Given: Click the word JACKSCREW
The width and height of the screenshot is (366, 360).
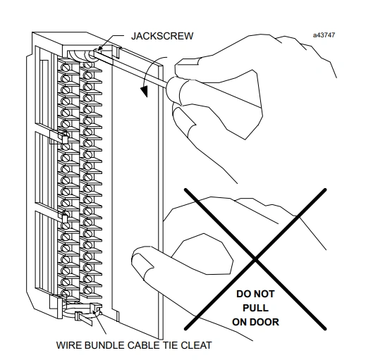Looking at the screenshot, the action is [162, 36].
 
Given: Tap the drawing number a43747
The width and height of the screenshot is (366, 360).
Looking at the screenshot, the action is [324, 35].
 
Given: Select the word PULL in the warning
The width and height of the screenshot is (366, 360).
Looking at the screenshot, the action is [255, 308].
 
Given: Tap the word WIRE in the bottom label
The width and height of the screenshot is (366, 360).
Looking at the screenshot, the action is [69, 345].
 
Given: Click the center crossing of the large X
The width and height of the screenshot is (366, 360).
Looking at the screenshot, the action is [255, 259].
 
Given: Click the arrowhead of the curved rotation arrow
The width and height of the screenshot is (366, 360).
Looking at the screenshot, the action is [144, 91].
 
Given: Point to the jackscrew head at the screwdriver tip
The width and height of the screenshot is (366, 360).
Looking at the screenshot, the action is [92, 55].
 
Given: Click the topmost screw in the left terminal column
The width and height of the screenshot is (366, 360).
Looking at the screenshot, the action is [66, 68].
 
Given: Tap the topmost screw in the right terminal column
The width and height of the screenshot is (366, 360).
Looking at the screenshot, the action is [87, 64].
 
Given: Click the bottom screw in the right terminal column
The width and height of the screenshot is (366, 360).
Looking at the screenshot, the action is [87, 290].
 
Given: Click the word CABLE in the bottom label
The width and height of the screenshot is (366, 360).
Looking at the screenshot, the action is [144, 345].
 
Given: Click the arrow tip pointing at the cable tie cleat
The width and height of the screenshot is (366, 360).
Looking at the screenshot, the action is [94, 311].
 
